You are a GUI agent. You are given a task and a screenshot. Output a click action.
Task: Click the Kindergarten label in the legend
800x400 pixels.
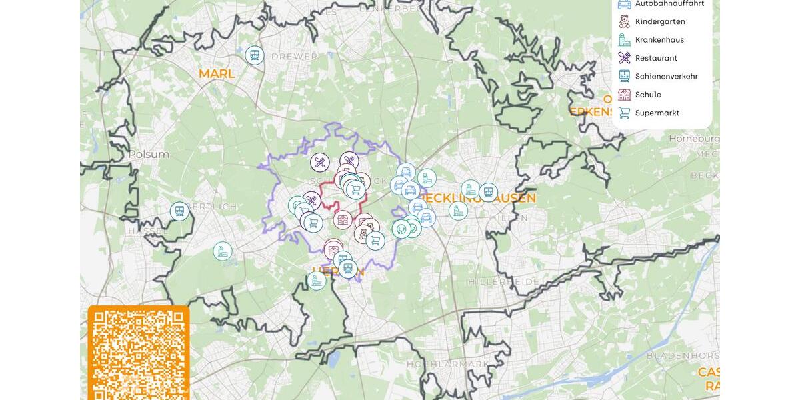[x=659, y=21]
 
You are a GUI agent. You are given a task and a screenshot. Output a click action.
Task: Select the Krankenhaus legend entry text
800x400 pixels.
[x=659, y=39]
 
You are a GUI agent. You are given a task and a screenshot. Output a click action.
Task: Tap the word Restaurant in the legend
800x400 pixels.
[x=656, y=58]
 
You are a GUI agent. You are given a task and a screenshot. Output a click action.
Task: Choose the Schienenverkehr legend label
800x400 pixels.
[x=666, y=76]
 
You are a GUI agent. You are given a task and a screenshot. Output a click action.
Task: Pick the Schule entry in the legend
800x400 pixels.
[x=648, y=95]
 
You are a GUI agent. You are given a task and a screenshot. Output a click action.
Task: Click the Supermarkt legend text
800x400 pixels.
[x=657, y=113]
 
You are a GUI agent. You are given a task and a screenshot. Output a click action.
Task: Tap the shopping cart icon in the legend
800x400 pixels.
[x=624, y=113]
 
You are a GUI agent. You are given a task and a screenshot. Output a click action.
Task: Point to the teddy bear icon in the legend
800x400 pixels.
[x=624, y=21]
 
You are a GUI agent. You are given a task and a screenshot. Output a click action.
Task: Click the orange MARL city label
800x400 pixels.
[x=217, y=73]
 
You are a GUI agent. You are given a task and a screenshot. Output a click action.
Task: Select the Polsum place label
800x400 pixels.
[x=149, y=154]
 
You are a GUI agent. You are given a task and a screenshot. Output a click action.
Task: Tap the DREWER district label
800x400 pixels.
[x=294, y=57]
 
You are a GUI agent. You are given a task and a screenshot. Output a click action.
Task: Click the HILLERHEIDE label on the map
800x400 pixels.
[x=503, y=282]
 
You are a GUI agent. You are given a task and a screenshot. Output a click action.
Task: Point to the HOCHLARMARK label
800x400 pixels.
[x=448, y=364]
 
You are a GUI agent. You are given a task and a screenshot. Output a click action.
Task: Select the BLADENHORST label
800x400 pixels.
[x=682, y=355]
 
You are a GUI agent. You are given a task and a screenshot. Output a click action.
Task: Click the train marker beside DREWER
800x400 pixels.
[x=254, y=55]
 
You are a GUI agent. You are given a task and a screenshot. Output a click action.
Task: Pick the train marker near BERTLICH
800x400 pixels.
[x=179, y=211]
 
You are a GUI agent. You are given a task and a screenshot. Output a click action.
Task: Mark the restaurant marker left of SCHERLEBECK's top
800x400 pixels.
[x=320, y=162]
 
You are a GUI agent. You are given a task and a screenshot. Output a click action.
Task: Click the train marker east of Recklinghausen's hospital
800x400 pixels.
[x=488, y=193]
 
